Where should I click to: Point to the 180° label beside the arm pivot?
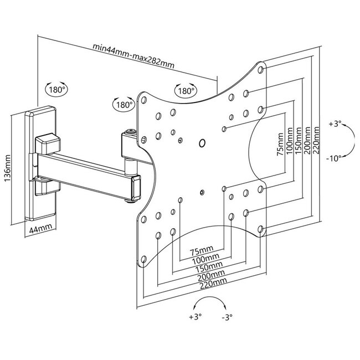click(124, 104)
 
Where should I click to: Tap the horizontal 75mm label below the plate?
click(201, 250)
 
